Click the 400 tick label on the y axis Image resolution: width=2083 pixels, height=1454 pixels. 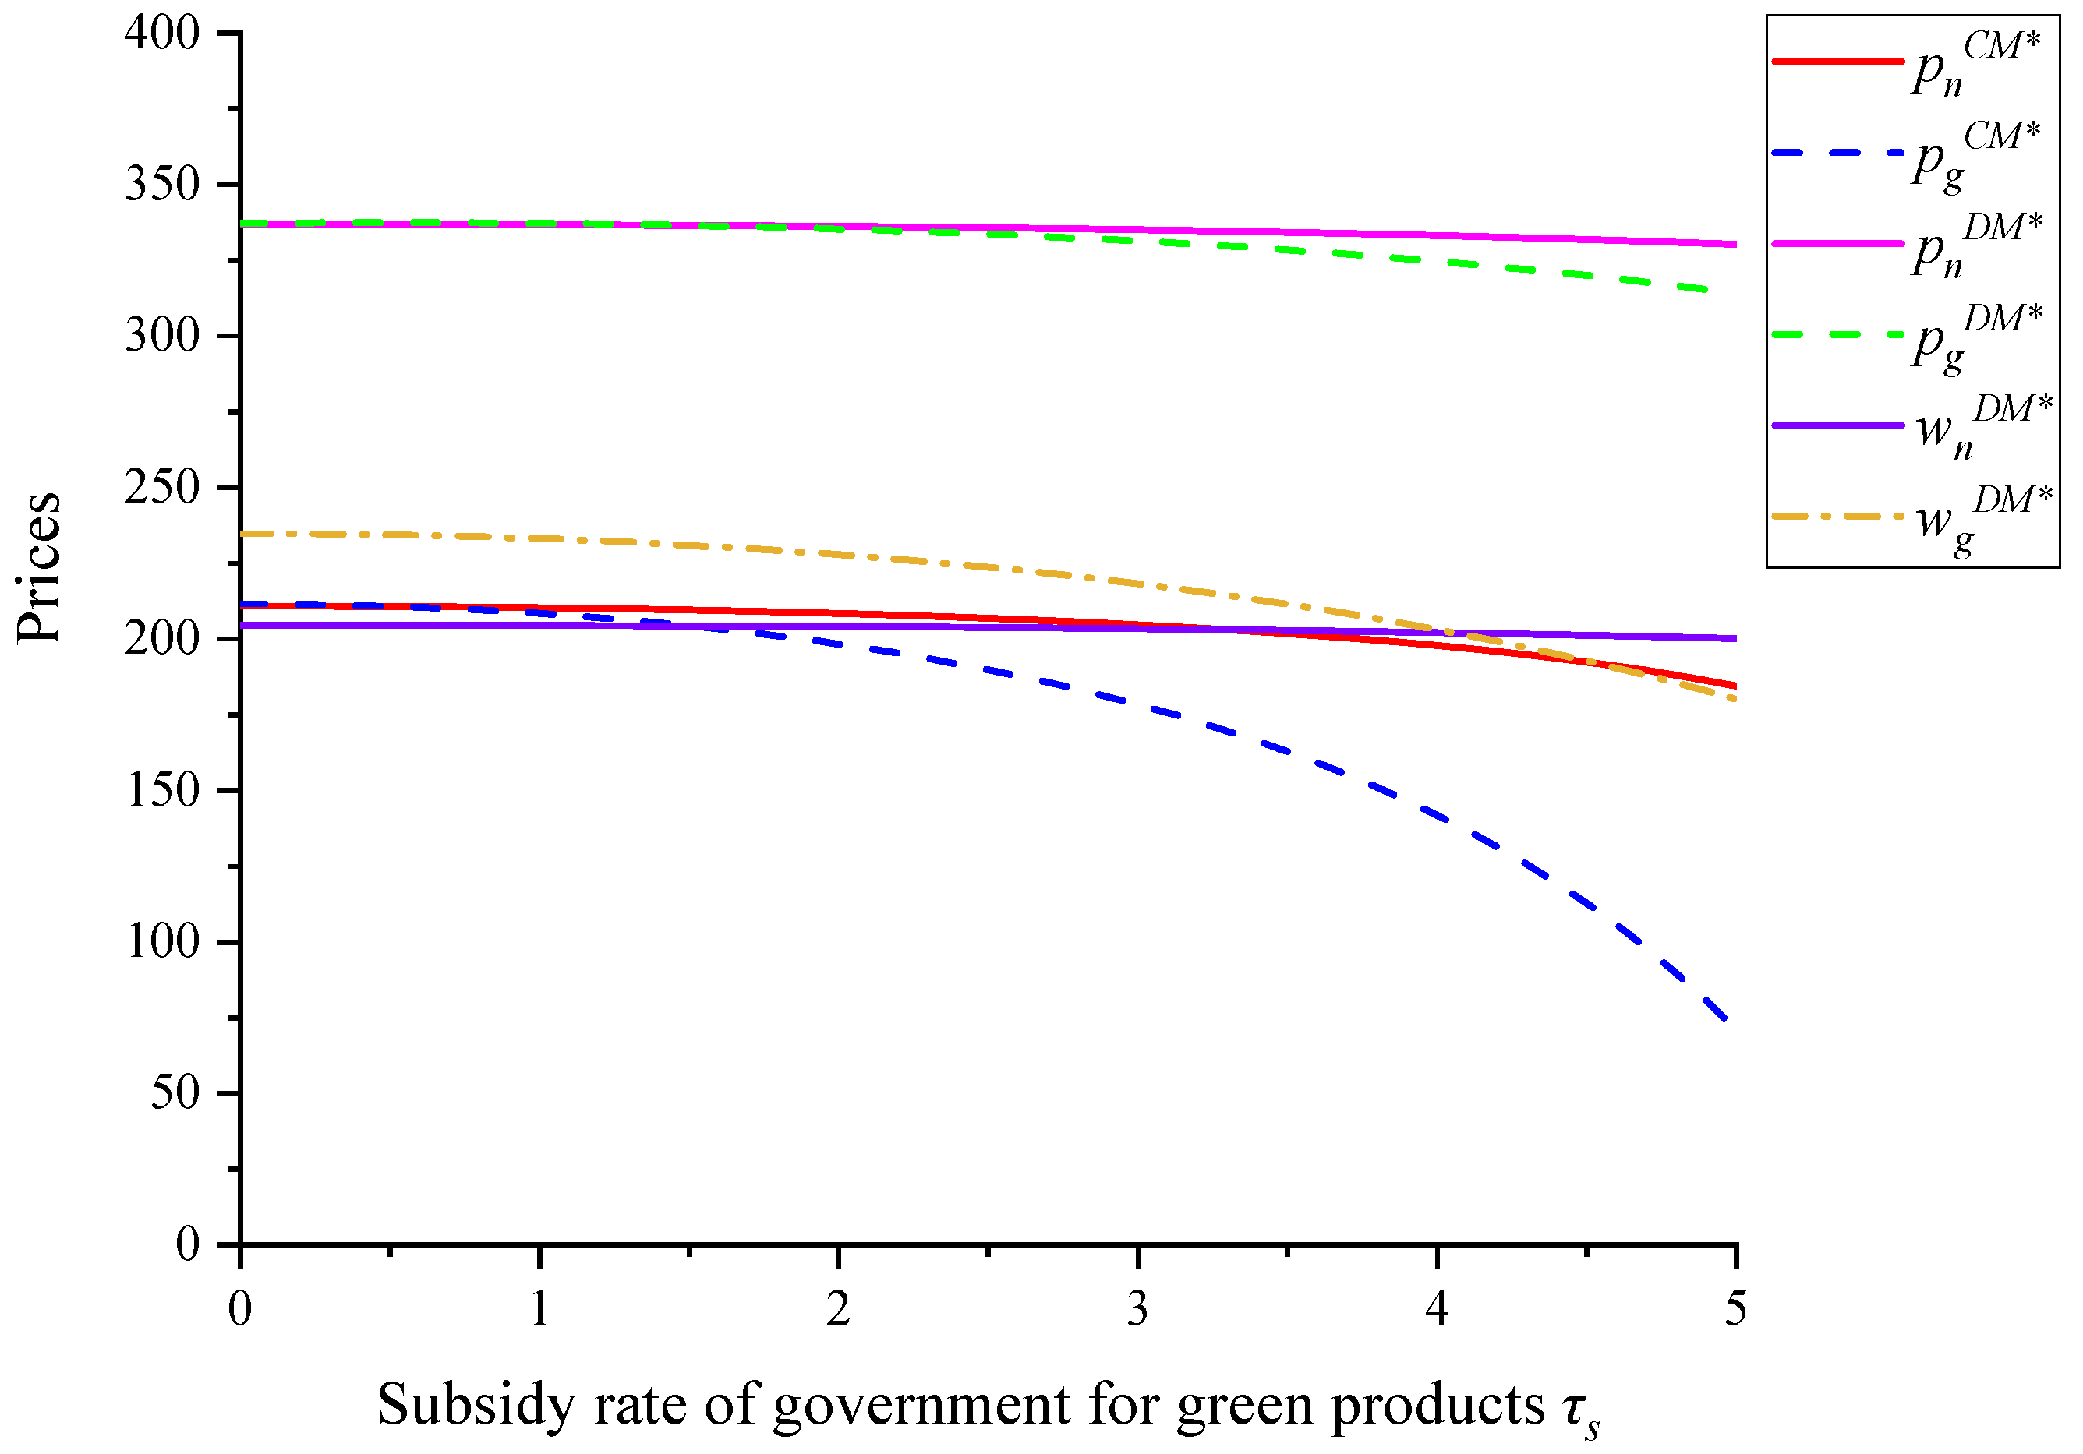(x=161, y=34)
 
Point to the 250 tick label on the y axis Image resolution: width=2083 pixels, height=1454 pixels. (x=161, y=488)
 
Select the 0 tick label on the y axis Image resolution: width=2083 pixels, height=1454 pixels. (x=187, y=1244)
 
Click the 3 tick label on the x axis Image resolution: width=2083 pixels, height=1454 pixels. (x=1137, y=1309)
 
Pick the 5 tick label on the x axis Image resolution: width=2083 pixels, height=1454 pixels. (x=1735, y=1309)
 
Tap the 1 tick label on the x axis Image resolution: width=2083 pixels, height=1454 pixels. (x=539, y=1309)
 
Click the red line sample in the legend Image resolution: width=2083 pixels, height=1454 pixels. (x=1837, y=62)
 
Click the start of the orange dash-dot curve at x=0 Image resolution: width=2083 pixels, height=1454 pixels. (x=243, y=533)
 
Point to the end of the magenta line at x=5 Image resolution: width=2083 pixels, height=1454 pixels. (x=1734, y=244)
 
